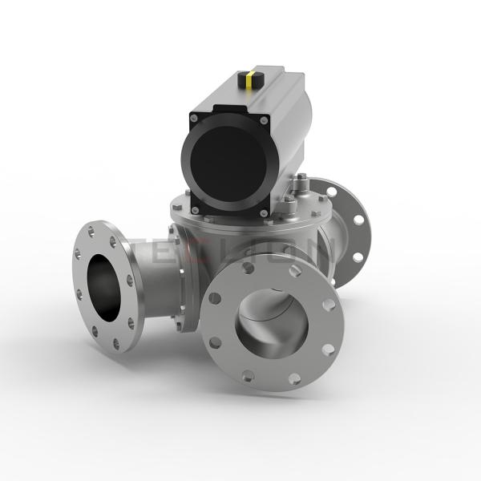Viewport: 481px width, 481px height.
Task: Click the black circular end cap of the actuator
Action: point(228,164)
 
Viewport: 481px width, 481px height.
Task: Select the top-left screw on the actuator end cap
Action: point(194,119)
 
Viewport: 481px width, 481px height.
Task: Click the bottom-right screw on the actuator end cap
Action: point(265,212)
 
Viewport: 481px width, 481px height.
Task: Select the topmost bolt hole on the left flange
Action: point(93,230)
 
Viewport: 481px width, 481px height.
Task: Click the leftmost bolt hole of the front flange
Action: point(214,297)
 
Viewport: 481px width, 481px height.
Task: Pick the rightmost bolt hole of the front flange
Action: point(329,305)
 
